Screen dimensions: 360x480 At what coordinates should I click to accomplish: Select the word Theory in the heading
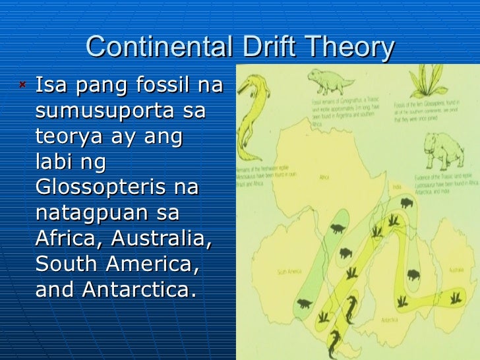[353, 47]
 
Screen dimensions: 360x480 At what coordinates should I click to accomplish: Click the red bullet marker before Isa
[23, 84]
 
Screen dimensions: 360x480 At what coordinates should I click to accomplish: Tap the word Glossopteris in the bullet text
[98, 187]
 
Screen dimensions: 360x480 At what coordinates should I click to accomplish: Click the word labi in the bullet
[53, 162]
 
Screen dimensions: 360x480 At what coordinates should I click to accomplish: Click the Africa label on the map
[324, 177]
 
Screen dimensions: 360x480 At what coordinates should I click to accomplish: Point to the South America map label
[289, 271]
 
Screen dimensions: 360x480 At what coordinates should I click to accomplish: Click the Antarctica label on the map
[388, 320]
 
